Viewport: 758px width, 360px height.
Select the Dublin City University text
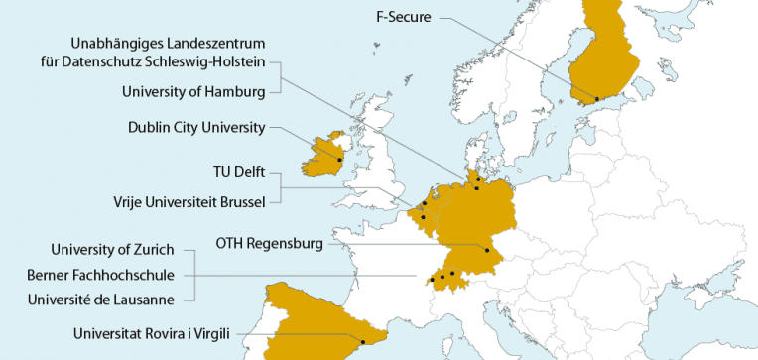tap(196, 127)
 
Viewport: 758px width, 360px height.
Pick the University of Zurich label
tap(112, 248)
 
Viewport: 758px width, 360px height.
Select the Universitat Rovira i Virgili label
tap(151, 334)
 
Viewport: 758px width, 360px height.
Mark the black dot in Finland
tap(596, 98)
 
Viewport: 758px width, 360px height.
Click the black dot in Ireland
tap(339, 160)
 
